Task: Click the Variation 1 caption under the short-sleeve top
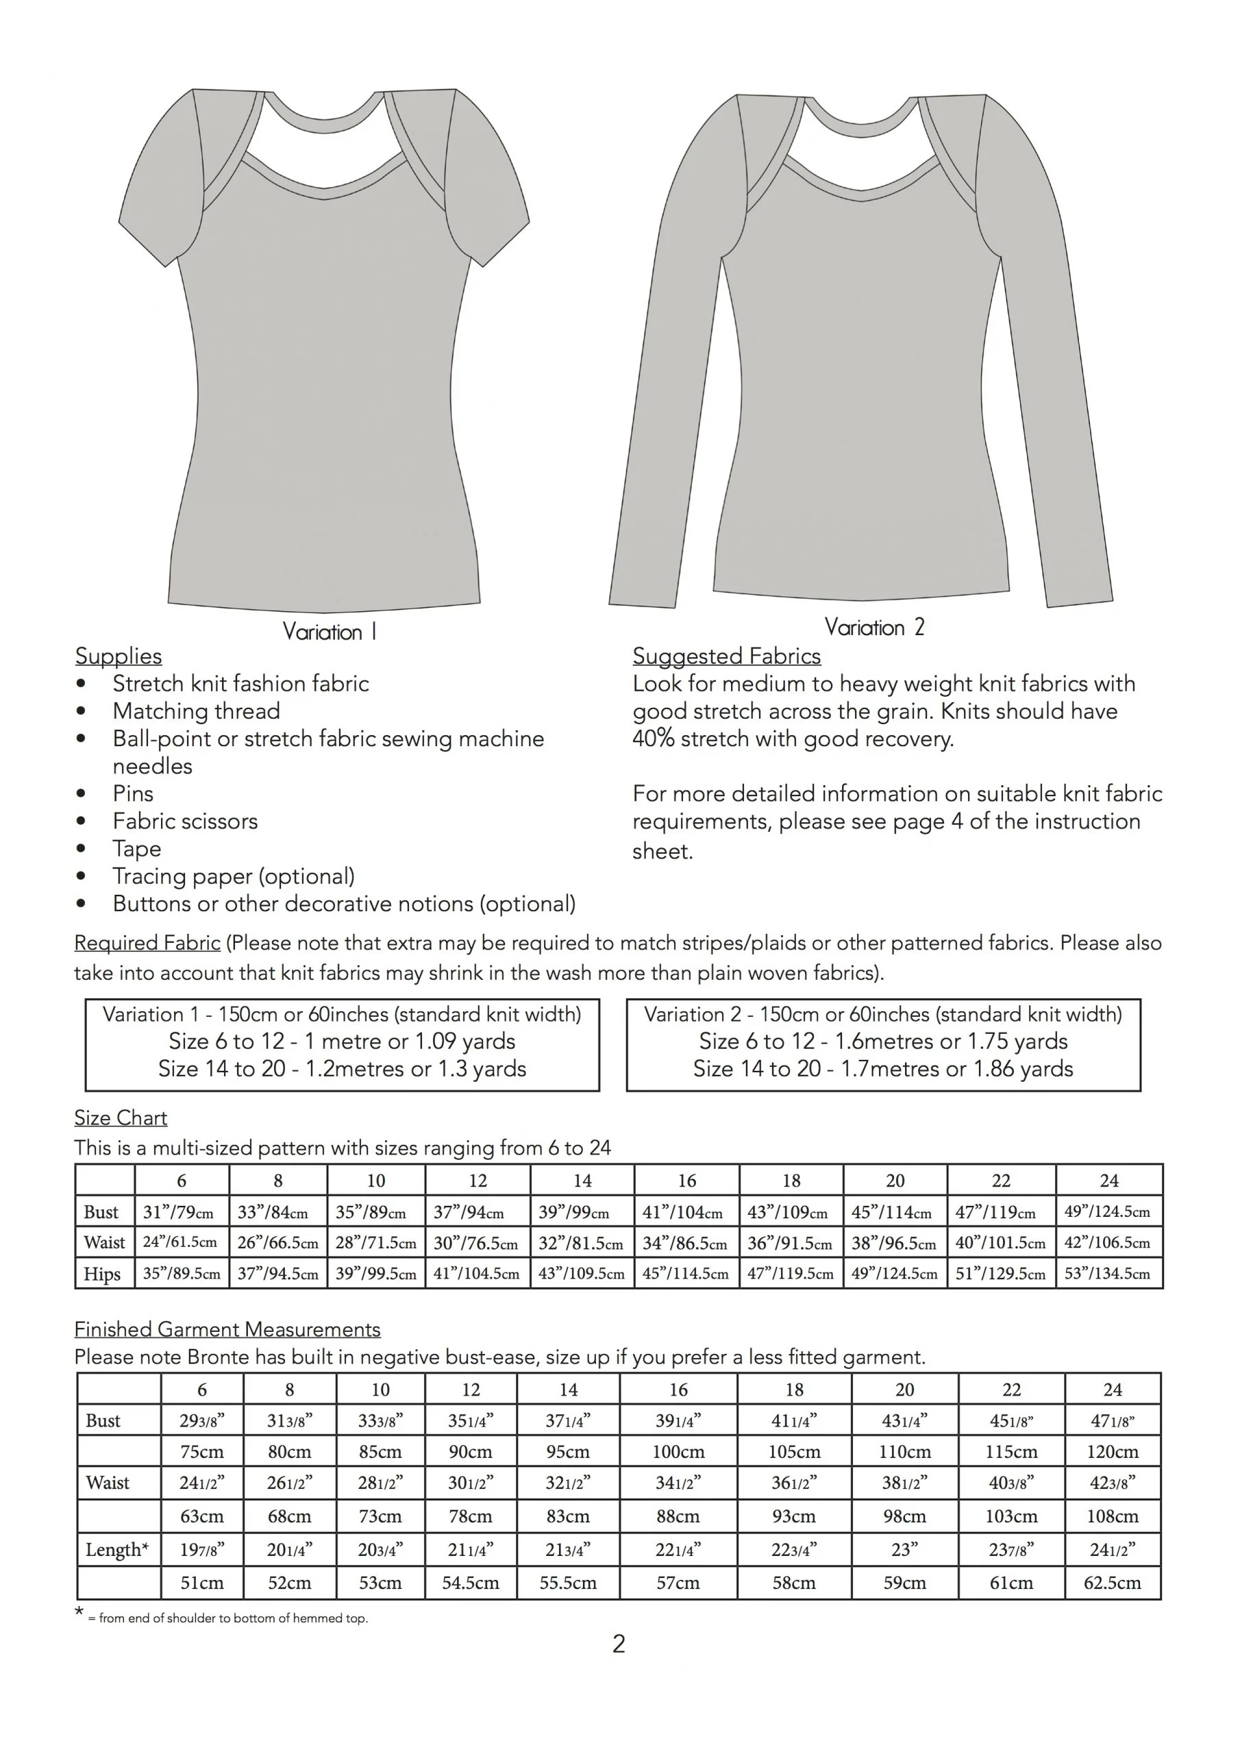[x=330, y=632]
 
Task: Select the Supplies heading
[x=119, y=656]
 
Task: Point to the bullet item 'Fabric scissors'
[x=185, y=822]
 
